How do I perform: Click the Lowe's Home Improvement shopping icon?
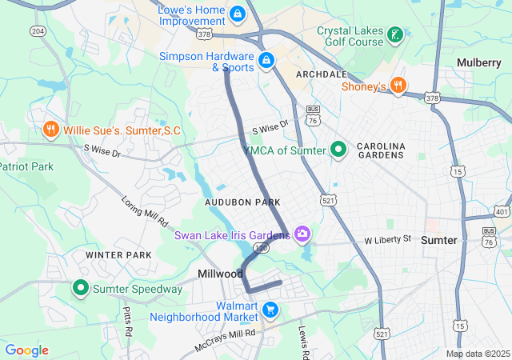coord(237,14)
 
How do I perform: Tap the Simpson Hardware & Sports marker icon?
coord(266,59)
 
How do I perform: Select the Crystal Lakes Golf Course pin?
coord(394,34)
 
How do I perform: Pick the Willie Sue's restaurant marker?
coord(50,130)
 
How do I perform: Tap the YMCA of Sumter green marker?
coord(338,150)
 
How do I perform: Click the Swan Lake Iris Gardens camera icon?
coord(302,234)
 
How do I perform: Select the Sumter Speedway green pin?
coord(81,288)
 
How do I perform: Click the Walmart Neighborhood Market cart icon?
coord(270,309)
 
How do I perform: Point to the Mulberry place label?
coord(478,62)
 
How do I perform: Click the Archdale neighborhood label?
coord(321,74)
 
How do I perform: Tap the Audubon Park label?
coord(242,203)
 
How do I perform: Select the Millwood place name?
coord(220,274)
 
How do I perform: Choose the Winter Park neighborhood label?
coord(118,255)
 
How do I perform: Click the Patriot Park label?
coord(26,166)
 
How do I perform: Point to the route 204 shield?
coord(38,30)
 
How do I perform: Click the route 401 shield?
coord(501,212)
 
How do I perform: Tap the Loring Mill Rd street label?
coord(144,210)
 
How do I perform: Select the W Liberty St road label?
coord(387,239)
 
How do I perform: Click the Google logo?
coord(27,350)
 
